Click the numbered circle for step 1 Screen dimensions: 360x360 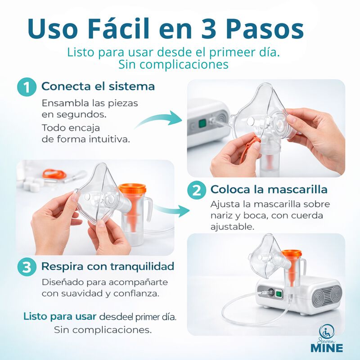pos(27,87)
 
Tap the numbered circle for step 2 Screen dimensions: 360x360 pos(197,189)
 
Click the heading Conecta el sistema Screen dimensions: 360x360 pos(98,86)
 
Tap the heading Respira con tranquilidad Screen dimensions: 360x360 pos(108,266)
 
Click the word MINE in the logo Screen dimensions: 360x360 pos(327,348)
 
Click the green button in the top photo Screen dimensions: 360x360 pos(202,123)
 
